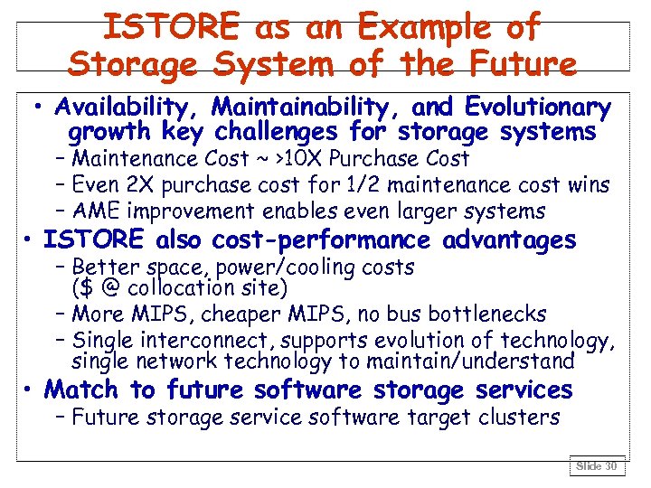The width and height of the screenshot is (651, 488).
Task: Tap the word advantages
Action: point(510,240)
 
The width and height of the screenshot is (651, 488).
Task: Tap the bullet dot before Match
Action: point(30,390)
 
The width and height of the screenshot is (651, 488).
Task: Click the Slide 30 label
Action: point(598,465)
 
